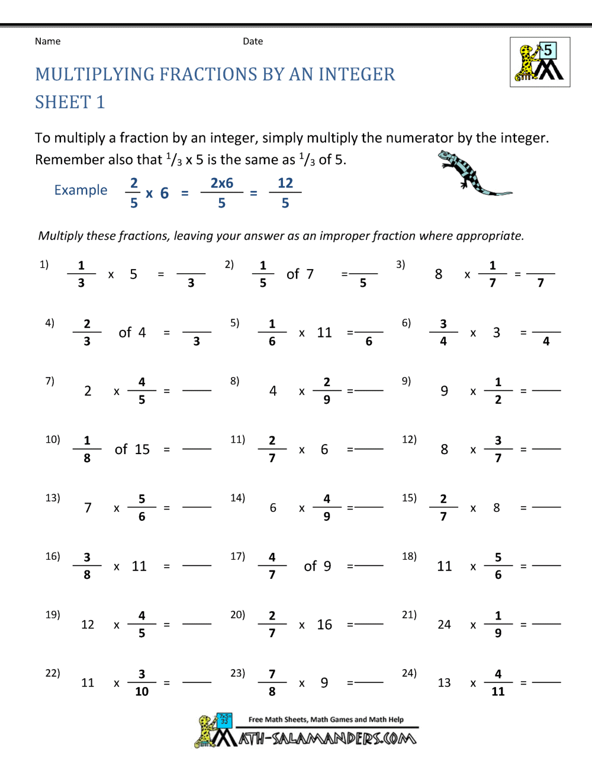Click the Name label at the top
(x=47, y=41)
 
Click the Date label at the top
(x=253, y=41)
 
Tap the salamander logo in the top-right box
(x=540, y=62)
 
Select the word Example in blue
(x=81, y=190)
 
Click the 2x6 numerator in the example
(x=222, y=183)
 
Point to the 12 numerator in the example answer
(x=285, y=183)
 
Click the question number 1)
(x=44, y=264)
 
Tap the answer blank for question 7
(x=197, y=390)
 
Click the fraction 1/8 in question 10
(x=87, y=449)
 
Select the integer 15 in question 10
(x=141, y=449)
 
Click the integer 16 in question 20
(x=324, y=625)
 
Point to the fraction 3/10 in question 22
(x=142, y=683)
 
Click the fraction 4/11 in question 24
(x=498, y=683)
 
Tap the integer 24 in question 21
(x=444, y=625)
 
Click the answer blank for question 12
(x=546, y=449)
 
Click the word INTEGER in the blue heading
(x=357, y=74)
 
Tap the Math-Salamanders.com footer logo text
(x=327, y=738)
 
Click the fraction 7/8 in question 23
(x=272, y=683)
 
